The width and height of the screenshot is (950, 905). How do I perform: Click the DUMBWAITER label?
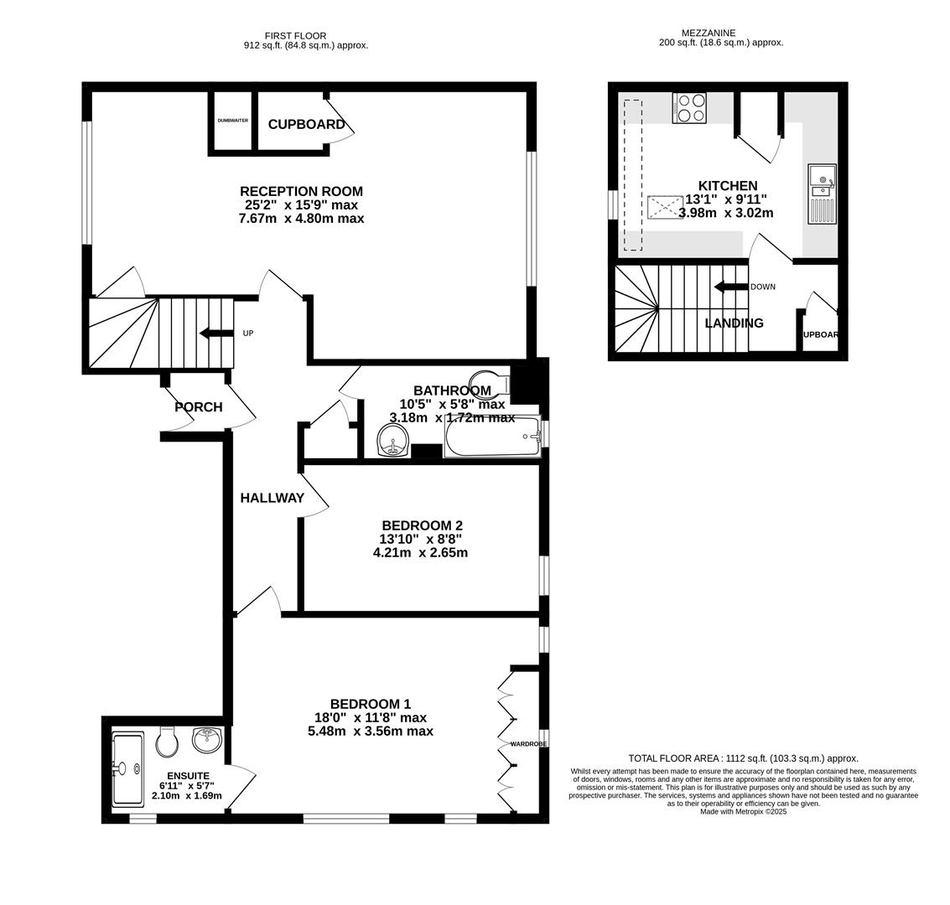[x=232, y=121]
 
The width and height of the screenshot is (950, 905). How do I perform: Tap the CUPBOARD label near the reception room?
[x=306, y=124]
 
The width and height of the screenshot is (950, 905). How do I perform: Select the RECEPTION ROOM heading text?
[x=301, y=191]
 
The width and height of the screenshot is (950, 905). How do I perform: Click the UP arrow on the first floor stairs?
[x=216, y=334]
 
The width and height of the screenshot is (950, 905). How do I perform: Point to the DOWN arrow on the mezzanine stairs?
[x=730, y=287]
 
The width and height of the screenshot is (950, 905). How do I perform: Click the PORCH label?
[x=198, y=407]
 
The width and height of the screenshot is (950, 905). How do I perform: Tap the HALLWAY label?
[x=272, y=498]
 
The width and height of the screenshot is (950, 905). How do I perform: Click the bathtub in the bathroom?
[x=492, y=437]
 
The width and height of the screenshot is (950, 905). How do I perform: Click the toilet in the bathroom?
[x=491, y=380]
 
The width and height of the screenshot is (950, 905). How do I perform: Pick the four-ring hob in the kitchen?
[x=688, y=107]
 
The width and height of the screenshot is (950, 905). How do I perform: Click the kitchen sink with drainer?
[x=821, y=194]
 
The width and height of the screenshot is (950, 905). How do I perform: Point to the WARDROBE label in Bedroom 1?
[x=528, y=743]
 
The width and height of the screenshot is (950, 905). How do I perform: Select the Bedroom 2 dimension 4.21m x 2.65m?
[x=420, y=553]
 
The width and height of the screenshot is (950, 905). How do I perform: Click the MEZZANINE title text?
[x=720, y=33]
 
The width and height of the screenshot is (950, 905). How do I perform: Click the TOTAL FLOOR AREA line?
[x=743, y=758]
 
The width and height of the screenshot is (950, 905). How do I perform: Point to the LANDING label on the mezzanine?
[x=734, y=323]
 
